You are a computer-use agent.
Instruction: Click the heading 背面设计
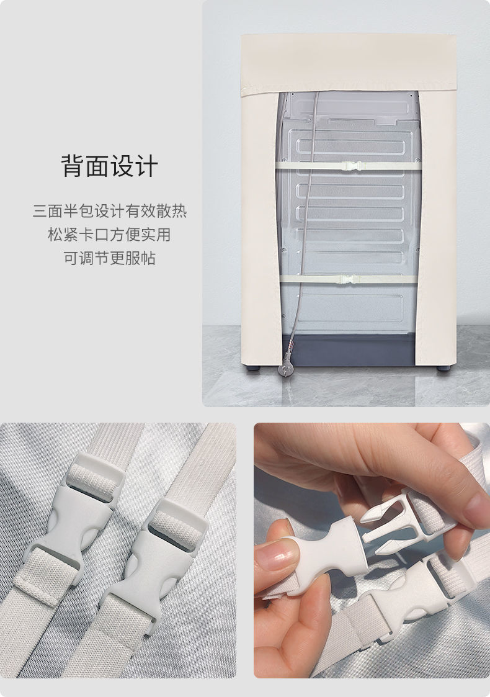(x=110, y=166)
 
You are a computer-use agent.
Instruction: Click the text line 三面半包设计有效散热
(x=110, y=211)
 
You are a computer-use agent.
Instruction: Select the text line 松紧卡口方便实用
(x=110, y=235)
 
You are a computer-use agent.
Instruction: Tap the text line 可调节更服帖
(x=110, y=258)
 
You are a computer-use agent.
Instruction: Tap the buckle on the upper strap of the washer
(x=349, y=166)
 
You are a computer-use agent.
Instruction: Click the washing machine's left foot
(x=252, y=368)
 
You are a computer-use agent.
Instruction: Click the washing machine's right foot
(x=443, y=368)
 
